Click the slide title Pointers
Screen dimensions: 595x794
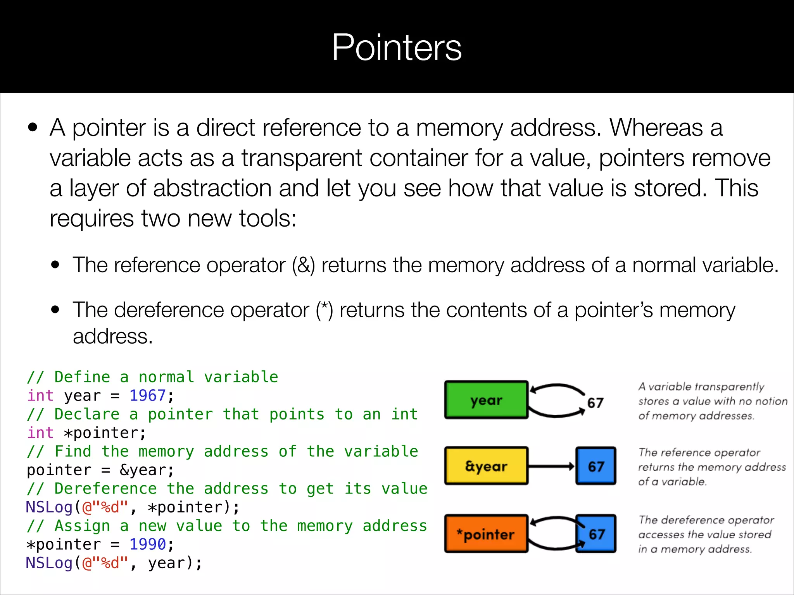point(397,47)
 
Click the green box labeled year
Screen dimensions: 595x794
point(486,400)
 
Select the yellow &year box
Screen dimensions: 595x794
point(486,466)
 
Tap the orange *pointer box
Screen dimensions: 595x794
point(486,534)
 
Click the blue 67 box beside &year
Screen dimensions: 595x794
point(596,466)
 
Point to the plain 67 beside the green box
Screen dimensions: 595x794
point(595,403)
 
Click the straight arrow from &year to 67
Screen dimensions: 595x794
point(551,466)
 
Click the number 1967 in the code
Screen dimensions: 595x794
point(147,396)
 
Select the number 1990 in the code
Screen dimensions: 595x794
point(147,544)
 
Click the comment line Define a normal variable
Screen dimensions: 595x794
point(152,377)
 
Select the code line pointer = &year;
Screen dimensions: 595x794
point(100,470)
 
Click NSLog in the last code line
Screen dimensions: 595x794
point(49,563)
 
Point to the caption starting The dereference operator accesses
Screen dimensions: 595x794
point(706,534)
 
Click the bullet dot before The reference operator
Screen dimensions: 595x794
point(55,265)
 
